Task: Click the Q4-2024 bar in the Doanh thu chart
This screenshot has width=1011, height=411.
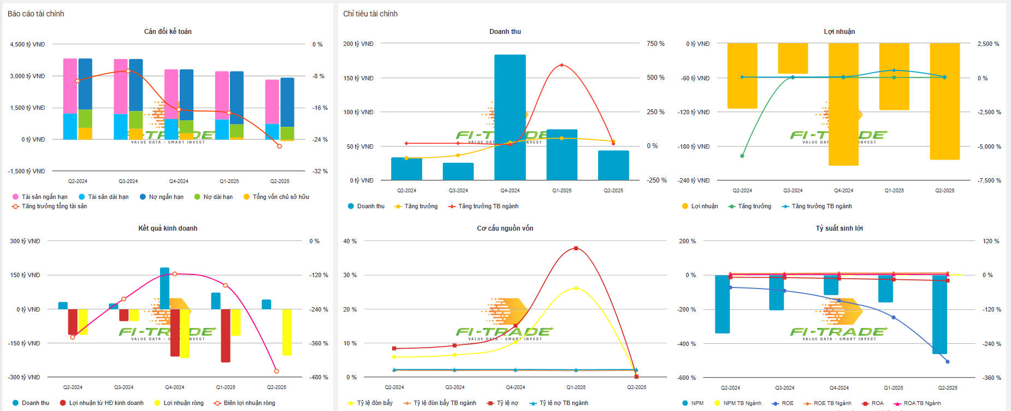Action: pos(510,117)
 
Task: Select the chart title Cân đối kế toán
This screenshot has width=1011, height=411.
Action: pos(168,32)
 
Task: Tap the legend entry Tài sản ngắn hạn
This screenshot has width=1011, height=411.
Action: pos(44,197)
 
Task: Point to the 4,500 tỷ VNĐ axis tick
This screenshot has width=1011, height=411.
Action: pos(27,44)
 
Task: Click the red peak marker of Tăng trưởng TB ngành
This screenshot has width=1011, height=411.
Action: pos(561,66)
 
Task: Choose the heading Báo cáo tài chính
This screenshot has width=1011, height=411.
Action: pos(36,14)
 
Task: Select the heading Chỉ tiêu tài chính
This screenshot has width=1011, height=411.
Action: pos(370,14)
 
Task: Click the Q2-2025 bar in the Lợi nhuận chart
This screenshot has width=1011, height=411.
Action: pos(944,102)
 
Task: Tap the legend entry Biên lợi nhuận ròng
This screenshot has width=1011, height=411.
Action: pos(249,403)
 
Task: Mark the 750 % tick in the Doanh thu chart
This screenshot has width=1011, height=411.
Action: pos(655,44)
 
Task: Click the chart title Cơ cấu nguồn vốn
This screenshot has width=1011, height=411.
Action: pos(505,228)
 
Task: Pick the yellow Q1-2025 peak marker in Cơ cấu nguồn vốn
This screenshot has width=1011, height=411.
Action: pos(576,289)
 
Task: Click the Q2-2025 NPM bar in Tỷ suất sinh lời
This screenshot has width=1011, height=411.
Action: pos(939,314)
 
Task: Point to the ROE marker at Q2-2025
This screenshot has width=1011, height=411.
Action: pos(947,362)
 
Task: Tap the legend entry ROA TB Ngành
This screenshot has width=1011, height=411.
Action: pos(922,403)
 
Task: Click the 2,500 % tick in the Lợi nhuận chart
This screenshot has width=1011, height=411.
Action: pos(988,44)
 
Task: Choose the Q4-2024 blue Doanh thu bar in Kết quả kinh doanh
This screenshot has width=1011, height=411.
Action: pos(164,289)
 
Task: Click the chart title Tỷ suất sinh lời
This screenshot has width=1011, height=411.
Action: pos(839,228)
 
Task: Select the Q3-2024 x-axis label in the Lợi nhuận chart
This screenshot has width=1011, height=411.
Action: pos(793,191)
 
